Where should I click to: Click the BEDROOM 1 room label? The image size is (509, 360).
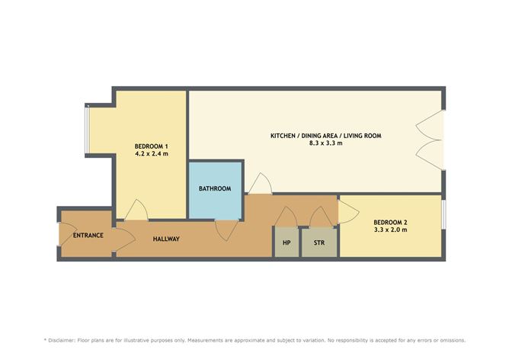[x=152, y=146]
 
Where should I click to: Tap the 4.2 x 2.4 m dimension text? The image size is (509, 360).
[x=152, y=153]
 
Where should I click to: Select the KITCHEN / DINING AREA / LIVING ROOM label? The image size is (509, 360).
[x=326, y=136]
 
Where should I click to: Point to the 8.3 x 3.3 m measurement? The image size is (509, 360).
[x=325, y=143]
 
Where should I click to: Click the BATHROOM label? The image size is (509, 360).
[x=215, y=188]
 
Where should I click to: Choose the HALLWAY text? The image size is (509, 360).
[x=166, y=239]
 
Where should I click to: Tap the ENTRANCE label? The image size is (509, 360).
[x=88, y=235]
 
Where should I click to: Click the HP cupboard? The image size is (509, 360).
[x=287, y=242]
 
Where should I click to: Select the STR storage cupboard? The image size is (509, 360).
[x=319, y=242]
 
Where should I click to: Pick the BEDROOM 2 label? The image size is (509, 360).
[x=390, y=223]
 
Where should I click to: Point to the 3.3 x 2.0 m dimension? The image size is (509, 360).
[x=390, y=230]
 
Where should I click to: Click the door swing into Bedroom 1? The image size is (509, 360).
[x=136, y=210]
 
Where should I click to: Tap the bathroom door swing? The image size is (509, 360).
[x=226, y=230]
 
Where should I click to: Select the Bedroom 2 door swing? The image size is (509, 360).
[x=349, y=212]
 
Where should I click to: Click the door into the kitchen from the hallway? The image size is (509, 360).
[x=261, y=184]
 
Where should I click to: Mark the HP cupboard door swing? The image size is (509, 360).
[x=286, y=217]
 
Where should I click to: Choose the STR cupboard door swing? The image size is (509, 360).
[x=321, y=217]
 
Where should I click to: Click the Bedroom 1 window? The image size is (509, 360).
[x=87, y=129]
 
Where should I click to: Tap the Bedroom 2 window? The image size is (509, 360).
[x=443, y=214]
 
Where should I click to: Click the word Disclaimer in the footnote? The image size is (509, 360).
[x=62, y=340]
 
